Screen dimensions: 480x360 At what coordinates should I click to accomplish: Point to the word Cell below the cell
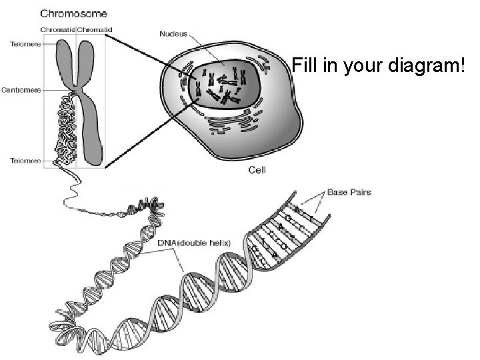click(x=258, y=170)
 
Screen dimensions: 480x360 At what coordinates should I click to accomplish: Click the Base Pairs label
click(x=349, y=193)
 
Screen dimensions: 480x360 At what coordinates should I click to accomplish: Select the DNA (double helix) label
click(x=194, y=243)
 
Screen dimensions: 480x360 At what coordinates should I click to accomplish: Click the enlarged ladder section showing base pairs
click(x=293, y=223)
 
